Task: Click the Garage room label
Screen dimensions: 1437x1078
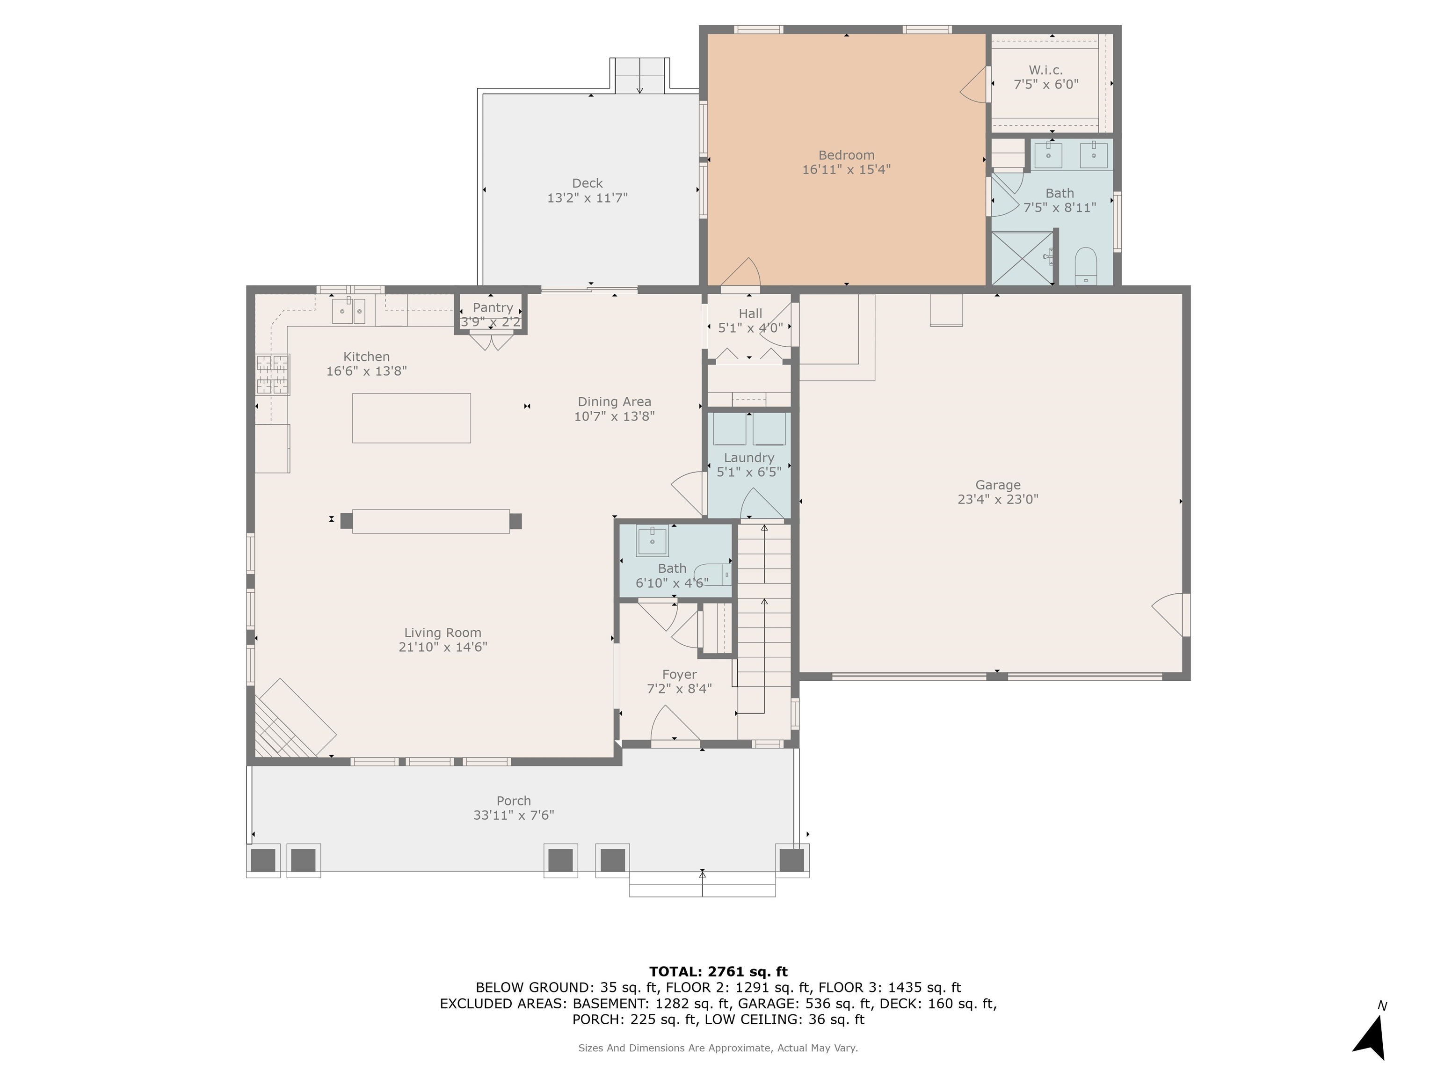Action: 998,485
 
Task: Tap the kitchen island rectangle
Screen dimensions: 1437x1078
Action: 411,418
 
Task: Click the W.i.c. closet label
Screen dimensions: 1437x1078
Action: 1046,70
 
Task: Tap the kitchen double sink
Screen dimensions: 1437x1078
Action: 349,311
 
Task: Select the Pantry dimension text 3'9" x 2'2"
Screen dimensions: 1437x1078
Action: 491,321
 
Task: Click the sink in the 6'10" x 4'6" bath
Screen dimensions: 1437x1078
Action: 652,540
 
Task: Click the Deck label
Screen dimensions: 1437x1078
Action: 587,183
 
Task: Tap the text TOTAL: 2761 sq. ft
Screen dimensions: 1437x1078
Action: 718,971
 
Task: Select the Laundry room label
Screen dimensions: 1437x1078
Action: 749,458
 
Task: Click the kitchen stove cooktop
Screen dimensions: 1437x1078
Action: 272,374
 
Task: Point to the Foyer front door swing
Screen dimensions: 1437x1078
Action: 675,722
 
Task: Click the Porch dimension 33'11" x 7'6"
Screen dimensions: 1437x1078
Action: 514,816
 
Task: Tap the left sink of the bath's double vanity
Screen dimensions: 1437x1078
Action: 1048,155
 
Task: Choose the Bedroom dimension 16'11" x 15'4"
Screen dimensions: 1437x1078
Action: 847,169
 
